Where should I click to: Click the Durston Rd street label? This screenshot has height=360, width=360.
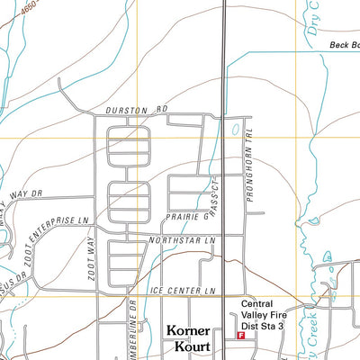click(137, 111)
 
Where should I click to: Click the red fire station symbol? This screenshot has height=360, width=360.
click(240, 335)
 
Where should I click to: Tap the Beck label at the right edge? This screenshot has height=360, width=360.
click(343, 44)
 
